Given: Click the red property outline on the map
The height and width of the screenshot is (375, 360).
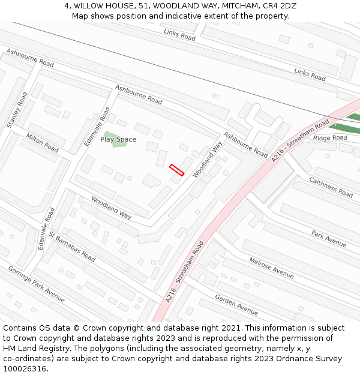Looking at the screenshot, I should point(176,170).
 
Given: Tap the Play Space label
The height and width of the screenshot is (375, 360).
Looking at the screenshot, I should point(118,139).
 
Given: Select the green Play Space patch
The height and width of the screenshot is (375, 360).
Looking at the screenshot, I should point(111,140).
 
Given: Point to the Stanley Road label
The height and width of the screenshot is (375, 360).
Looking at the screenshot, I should point(17,110).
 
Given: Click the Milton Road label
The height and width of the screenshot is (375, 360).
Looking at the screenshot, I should point(42,142).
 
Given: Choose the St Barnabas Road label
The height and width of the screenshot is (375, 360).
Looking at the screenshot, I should point(72,246).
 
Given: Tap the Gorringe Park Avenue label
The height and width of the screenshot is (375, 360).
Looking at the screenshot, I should point(36,283).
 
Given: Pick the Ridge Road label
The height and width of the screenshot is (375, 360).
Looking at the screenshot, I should point(330,138).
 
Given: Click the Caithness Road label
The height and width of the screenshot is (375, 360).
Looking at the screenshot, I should point(331,187).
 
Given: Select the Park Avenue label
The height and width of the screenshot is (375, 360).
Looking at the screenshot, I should point(329,238).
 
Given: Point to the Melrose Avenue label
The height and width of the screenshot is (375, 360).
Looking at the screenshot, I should point(271,268).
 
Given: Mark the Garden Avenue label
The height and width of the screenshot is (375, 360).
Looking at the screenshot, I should point(236,305).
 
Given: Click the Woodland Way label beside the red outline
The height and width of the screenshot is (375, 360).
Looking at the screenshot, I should point(208,159).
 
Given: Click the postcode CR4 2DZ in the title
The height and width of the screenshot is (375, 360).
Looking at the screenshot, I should point(280,6).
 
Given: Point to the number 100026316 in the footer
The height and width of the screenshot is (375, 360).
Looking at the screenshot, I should point(25,369).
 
